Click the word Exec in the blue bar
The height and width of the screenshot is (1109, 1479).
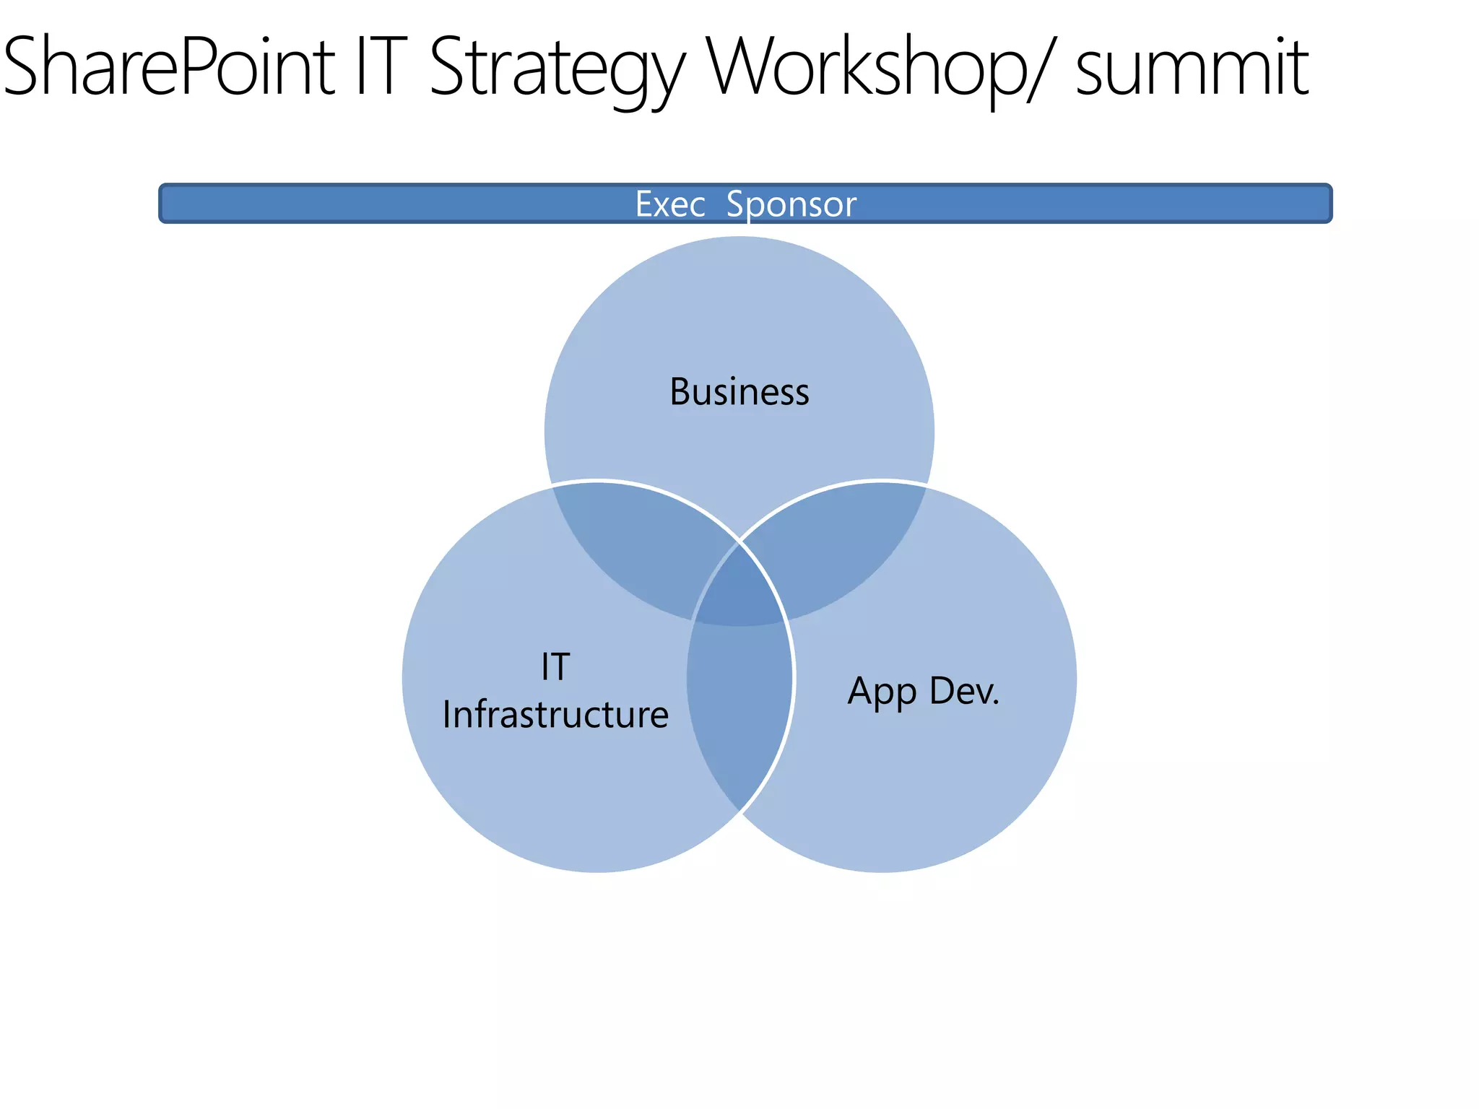click(669, 204)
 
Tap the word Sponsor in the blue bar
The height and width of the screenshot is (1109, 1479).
click(791, 204)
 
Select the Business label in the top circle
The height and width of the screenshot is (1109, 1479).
click(739, 392)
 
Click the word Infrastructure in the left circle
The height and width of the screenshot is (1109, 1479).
click(555, 715)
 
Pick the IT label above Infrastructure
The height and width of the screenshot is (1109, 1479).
click(555, 666)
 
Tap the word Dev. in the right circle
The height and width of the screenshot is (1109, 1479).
click(964, 691)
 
